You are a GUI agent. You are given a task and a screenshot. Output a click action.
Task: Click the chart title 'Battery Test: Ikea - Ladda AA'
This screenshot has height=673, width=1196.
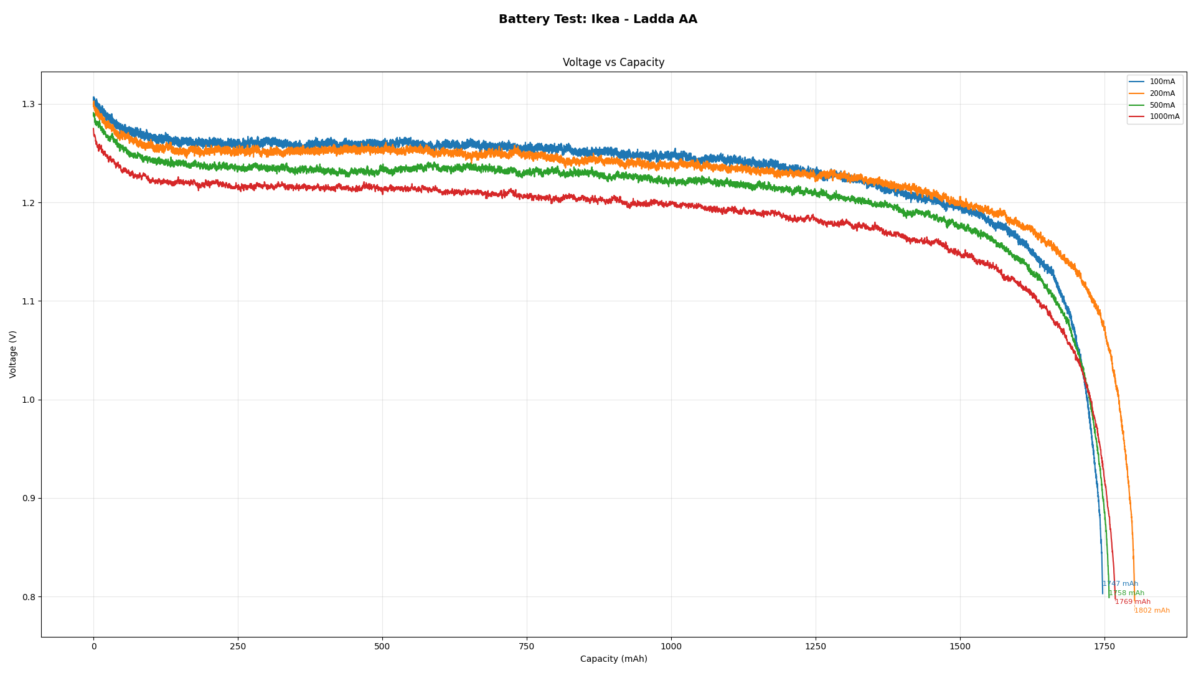pos(598,19)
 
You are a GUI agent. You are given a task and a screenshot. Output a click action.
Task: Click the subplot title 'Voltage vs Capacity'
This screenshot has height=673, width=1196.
pos(613,62)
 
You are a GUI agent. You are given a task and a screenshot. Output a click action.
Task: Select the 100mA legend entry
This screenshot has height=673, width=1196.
pos(1162,82)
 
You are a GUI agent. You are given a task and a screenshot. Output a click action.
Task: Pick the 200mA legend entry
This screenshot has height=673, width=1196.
pos(1162,94)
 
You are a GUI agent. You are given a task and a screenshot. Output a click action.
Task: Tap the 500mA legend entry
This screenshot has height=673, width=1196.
pos(1162,105)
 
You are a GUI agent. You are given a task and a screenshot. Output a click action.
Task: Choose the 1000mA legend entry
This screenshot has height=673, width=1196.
pos(1164,117)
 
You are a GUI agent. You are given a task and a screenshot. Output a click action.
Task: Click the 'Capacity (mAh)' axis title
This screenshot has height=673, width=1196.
pos(613,659)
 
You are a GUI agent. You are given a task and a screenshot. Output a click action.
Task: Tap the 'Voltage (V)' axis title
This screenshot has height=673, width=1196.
pos(13,354)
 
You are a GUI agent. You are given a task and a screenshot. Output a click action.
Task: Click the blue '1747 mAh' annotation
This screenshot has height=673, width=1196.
pos(1120,584)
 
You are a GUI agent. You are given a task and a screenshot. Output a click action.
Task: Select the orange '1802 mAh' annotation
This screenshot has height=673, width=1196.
pos(1152,611)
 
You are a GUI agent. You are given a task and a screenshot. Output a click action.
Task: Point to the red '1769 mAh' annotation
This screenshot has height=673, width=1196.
pos(1132,602)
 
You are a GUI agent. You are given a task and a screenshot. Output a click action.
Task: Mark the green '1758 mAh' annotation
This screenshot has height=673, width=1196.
pos(1126,593)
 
